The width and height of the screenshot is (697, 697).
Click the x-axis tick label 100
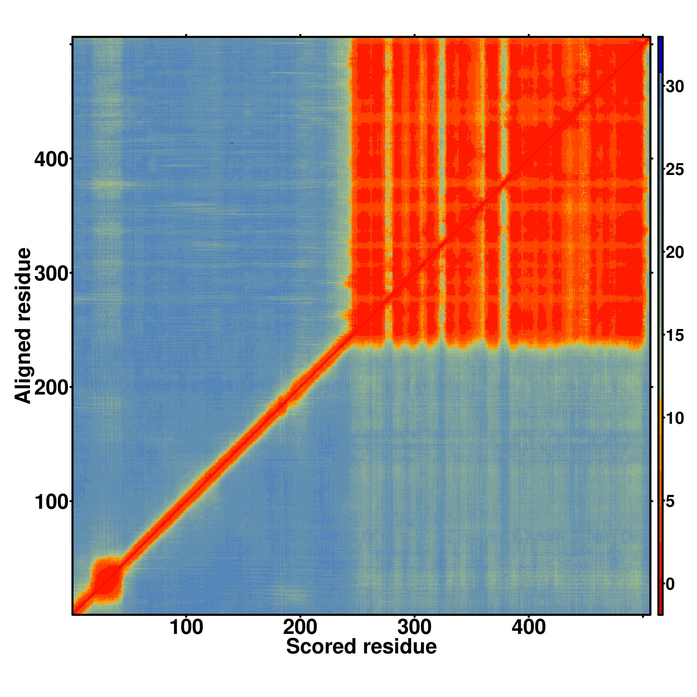[x=186, y=628]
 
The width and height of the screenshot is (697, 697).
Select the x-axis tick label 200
[x=300, y=628]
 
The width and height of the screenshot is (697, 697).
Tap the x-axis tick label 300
[x=414, y=628]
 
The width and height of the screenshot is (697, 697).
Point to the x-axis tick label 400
[x=529, y=628]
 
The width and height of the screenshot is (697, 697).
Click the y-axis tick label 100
[x=51, y=503]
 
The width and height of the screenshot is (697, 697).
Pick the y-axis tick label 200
[x=51, y=388]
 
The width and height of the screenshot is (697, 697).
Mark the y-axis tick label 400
[x=51, y=159]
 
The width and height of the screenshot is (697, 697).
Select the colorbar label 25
[x=675, y=170]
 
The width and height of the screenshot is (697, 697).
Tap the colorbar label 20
[x=675, y=253]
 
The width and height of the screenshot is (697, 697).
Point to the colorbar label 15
[x=675, y=336]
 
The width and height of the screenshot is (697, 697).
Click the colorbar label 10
[x=675, y=419]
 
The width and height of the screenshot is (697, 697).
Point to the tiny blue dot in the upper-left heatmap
[x=232, y=144]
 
